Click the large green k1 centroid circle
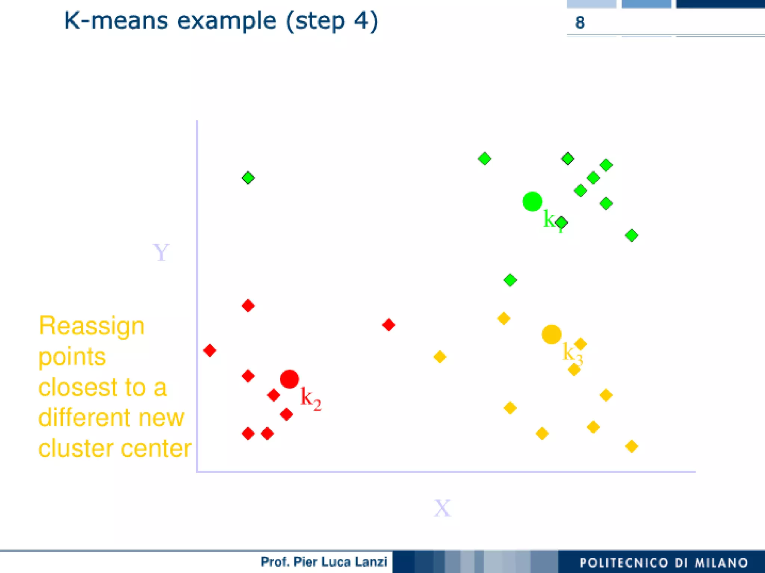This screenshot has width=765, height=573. pyautogui.click(x=532, y=201)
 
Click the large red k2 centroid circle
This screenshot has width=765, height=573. pyautogui.click(x=289, y=379)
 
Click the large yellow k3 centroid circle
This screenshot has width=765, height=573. pyautogui.click(x=552, y=334)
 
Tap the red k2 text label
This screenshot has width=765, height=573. pyautogui.click(x=310, y=399)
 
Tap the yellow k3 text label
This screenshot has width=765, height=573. pyautogui.click(x=572, y=353)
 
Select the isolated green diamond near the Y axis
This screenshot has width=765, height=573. pyautogui.click(x=248, y=177)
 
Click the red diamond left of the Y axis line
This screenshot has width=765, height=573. pyautogui.click(x=210, y=350)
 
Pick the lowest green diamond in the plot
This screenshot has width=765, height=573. pyautogui.click(x=510, y=280)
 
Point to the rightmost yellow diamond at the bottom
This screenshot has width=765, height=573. pyautogui.click(x=632, y=446)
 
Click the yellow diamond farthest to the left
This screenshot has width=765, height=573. pyautogui.click(x=440, y=357)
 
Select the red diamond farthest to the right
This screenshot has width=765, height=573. pyautogui.click(x=389, y=325)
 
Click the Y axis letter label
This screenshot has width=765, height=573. pyautogui.click(x=161, y=253)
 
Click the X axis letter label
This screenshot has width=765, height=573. pyautogui.click(x=442, y=508)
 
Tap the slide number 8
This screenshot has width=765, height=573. pyautogui.click(x=580, y=23)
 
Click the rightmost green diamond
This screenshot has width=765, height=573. pyautogui.click(x=632, y=235)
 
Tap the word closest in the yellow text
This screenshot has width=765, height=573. pyautogui.click(x=78, y=387)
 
